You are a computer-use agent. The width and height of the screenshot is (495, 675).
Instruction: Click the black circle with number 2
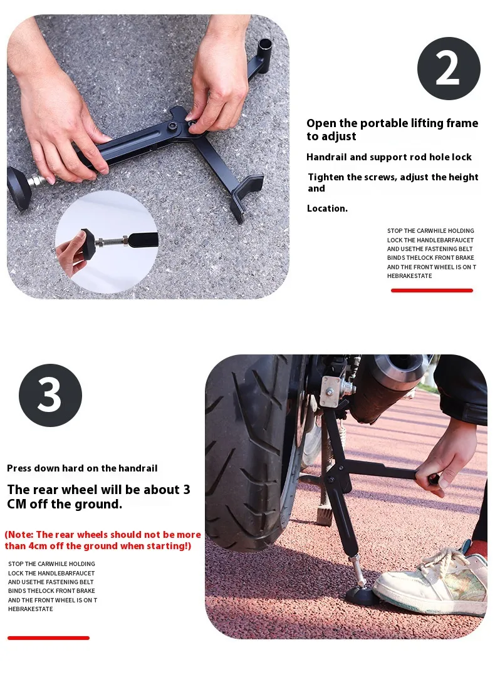449,68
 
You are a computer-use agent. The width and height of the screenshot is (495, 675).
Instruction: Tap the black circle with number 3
50,395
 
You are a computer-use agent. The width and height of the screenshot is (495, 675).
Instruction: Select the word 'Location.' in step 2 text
327,209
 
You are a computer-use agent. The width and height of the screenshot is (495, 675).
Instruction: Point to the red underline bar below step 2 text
432,291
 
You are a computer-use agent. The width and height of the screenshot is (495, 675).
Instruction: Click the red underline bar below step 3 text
48,638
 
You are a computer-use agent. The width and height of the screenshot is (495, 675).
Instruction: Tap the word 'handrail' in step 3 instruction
138,468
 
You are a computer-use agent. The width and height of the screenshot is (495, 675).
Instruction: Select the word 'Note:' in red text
20,535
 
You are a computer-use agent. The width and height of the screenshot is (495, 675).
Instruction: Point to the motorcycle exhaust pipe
390,379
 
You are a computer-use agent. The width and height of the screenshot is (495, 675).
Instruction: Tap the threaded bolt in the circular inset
111,242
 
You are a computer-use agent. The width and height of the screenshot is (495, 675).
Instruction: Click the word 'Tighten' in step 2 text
326,177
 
